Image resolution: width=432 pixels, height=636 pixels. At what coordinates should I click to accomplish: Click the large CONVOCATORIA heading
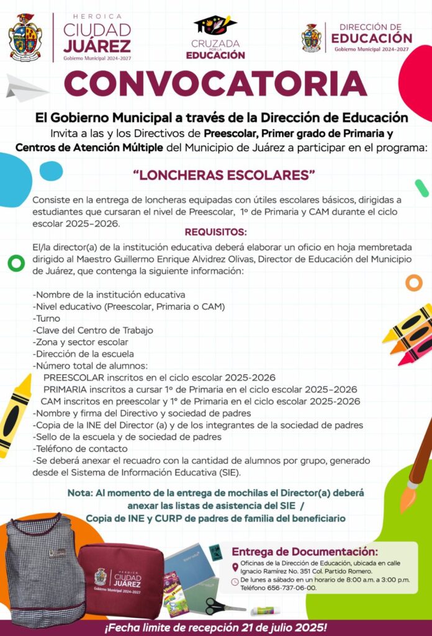click(x=215, y=84)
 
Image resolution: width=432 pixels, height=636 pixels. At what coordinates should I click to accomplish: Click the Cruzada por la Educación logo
click(x=215, y=38)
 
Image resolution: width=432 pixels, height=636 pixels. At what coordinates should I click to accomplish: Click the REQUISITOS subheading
click(x=215, y=232)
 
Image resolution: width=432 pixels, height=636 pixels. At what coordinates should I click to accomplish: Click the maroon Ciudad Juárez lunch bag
click(x=121, y=580)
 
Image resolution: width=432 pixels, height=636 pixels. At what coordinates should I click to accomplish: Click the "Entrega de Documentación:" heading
click(x=304, y=552)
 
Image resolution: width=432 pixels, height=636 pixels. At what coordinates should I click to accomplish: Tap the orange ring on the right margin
click(x=413, y=283)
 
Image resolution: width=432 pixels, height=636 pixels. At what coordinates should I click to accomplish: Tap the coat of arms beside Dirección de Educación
click(x=312, y=38)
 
